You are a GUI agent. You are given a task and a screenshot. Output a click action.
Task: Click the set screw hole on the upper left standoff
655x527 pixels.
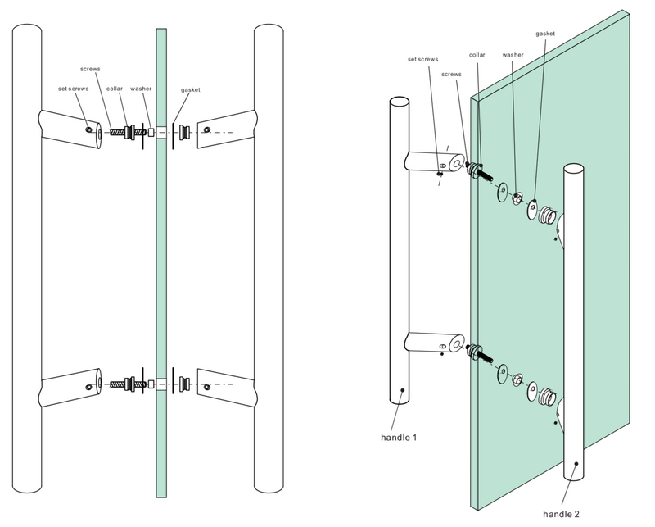(x=89, y=127)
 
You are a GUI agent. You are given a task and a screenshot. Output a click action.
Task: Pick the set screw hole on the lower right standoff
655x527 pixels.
(x=209, y=381)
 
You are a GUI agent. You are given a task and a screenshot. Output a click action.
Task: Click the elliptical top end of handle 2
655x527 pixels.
(x=574, y=170)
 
